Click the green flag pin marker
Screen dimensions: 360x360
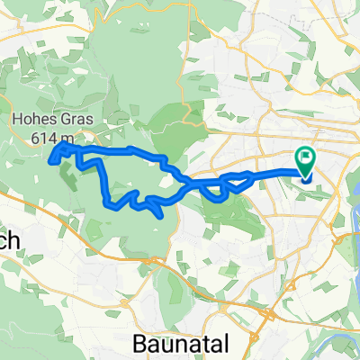click(x=305, y=162)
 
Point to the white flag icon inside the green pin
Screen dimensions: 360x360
click(x=305, y=159)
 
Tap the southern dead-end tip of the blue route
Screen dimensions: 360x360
click(x=160, y=216)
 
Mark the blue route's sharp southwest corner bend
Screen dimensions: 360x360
click(x=110, y=204)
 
